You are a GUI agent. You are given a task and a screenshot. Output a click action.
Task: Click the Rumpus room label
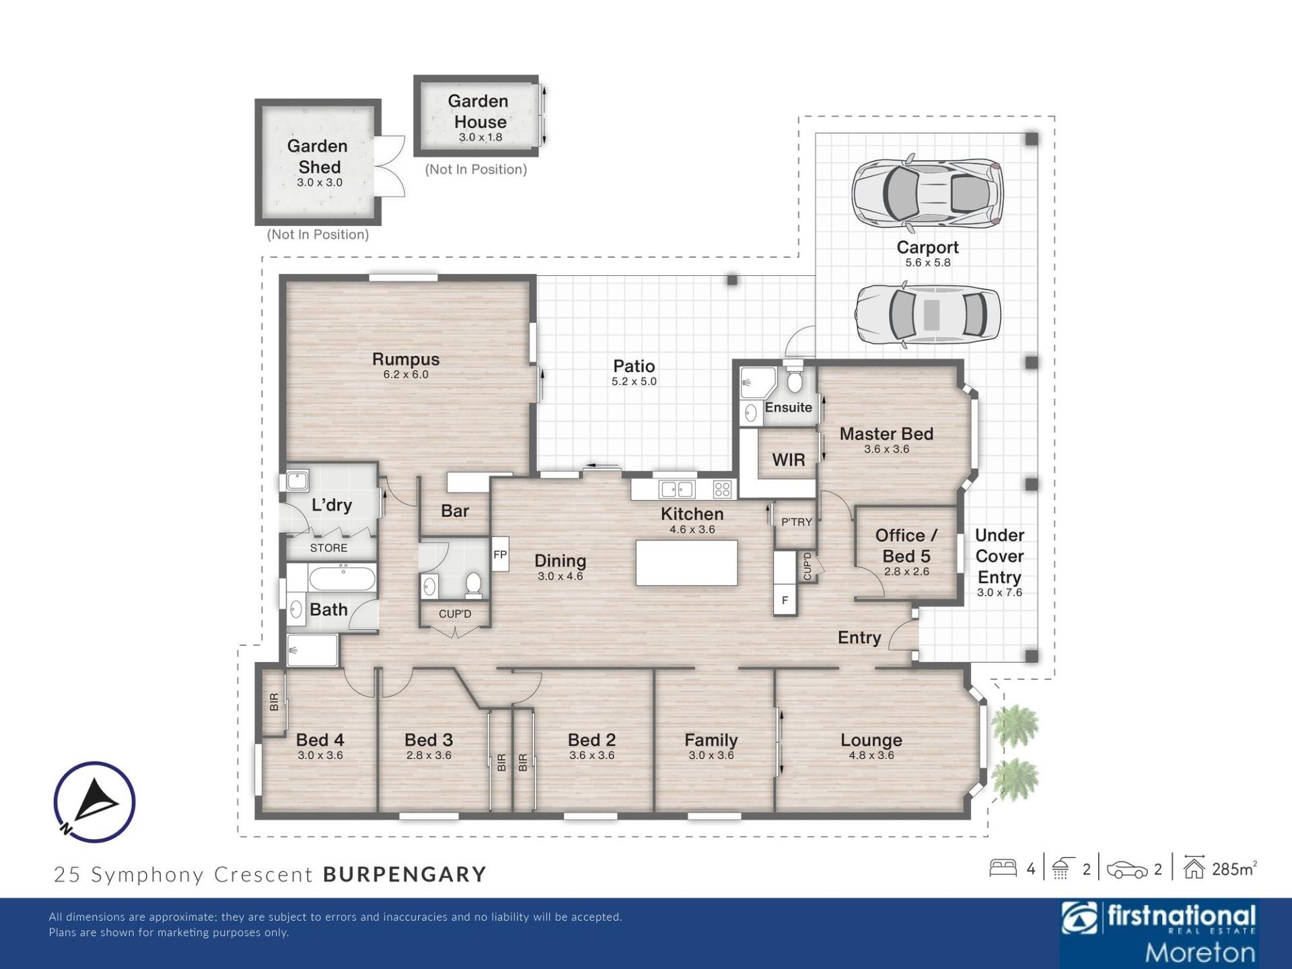click(406, 359)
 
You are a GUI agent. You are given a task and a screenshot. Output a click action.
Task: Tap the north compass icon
click(94, 801)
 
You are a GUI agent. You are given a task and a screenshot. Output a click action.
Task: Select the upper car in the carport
click(927, 193)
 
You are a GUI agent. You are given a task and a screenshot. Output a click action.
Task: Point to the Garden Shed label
click(318, 156)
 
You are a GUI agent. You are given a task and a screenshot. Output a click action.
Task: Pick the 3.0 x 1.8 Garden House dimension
click(480, 137)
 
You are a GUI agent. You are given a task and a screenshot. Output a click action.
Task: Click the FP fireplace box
click(500, 554)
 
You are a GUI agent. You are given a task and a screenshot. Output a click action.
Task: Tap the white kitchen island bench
click(686, 563)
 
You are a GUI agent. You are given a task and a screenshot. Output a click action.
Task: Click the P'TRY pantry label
click(797, 522)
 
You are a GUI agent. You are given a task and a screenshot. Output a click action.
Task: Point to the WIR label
click(789, 460)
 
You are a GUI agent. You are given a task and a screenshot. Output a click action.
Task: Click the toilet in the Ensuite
click(795, 378)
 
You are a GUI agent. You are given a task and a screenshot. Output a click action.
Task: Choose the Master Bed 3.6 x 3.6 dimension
click(887, 449)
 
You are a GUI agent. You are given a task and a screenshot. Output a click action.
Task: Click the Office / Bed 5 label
click(906, 546)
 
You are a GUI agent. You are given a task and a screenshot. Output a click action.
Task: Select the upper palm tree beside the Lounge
click(1015, 725)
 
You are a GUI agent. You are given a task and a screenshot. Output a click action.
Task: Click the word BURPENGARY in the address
click(405, 874)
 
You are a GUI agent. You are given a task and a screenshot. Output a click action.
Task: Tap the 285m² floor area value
click(1234, 869)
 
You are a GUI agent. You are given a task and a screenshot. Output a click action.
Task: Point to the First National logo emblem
click(1079, 919)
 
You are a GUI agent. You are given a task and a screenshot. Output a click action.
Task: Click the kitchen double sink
click(676, 489)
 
